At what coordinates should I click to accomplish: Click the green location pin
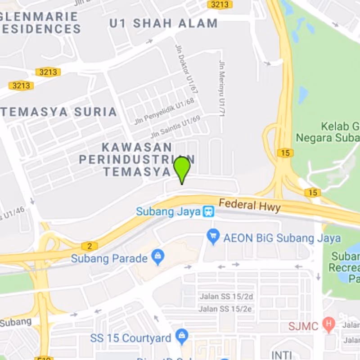(x=182, y=168)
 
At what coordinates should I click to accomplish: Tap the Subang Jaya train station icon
(x=208, y=211)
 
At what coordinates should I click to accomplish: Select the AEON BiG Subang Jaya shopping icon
(x=213, y=235)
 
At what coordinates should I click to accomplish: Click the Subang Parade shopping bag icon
(x=157, y=257)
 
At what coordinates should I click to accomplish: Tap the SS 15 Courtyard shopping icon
(x=182, y=335)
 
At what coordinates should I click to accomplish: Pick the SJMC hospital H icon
(x=329, y=324)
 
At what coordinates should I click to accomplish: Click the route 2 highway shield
(x=90, y=246)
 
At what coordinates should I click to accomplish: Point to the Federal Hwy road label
(x=250, y=206)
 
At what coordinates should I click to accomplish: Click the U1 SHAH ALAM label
(x=163, y=23)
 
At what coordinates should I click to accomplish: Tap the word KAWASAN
(x=137, y=147)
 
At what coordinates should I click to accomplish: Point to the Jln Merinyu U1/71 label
(x=221, y=88)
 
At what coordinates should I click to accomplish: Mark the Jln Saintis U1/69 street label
(x=175, y=127)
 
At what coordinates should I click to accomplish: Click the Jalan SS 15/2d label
(x=226, y=297)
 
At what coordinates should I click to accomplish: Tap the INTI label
(x=282, y=355)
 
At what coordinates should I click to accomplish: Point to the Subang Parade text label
(x=109, y=259)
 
